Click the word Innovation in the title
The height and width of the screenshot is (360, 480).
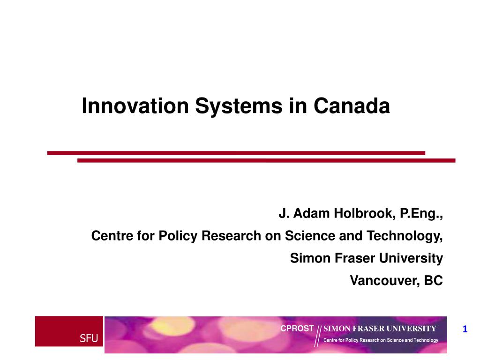(135, 106)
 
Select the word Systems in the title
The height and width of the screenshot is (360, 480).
(239, 106)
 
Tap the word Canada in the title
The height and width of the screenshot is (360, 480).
(352, 106)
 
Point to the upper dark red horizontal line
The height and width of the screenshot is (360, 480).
(236, 153)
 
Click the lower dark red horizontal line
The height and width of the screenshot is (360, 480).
(266, 160)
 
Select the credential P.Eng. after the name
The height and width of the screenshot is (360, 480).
(421, 214)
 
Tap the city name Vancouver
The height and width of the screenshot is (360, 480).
(385, 281)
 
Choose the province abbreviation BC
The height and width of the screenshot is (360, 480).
(433, 280)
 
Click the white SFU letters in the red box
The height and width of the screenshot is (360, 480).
(89, 338)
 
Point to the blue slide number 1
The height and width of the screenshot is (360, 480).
(465, 329)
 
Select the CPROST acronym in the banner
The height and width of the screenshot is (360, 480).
(297, 329)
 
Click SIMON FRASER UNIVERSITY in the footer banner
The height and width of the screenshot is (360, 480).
(380, 329)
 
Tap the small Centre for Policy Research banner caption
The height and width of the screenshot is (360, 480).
(381, 340)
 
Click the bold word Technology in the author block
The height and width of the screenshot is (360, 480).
(405, 236)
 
